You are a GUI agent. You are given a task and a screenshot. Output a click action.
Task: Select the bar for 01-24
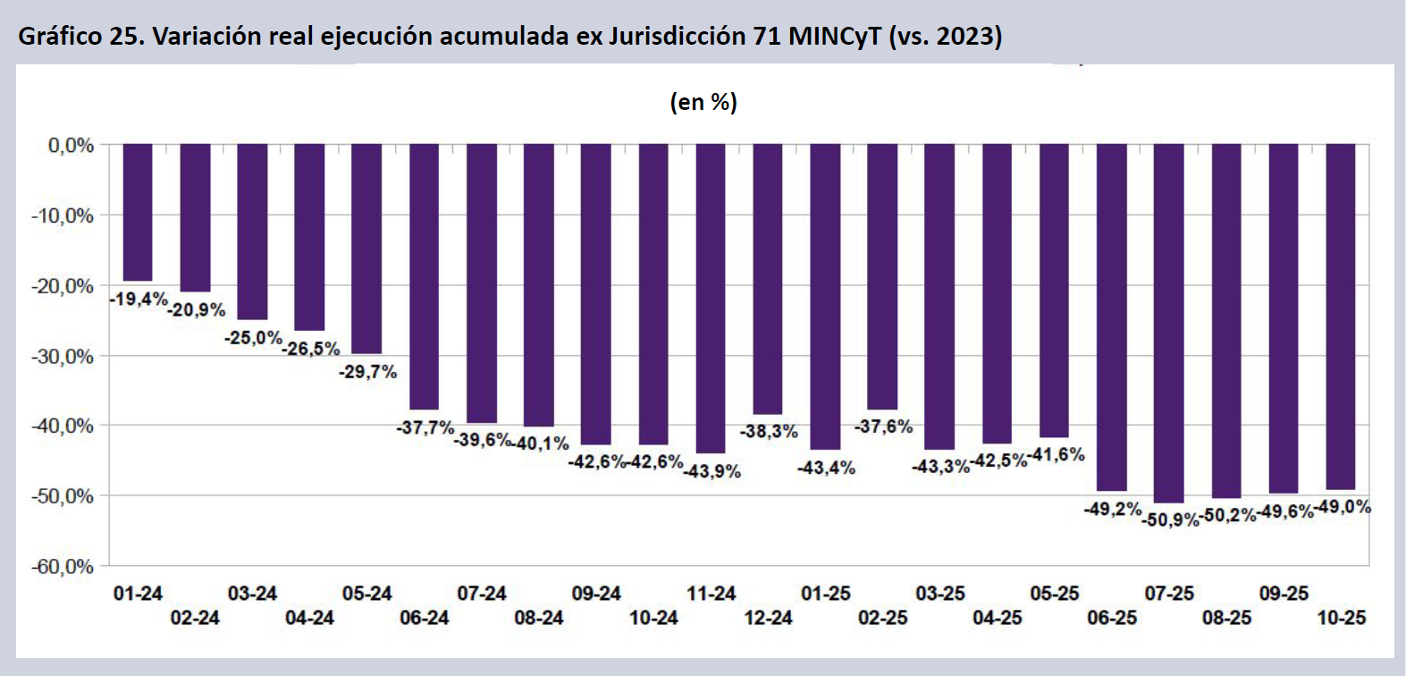[x=138, y=213]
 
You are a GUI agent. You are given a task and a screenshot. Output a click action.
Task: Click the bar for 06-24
[x=425, y=276]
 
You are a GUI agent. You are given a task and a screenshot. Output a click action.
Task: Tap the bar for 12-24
[x=768, y=279]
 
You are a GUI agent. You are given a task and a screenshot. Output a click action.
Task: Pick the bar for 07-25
[x=1169, y=323]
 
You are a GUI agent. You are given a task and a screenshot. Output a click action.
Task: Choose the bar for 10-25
[x=1341, y=317]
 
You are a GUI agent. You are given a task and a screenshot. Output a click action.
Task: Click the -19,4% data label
[x=139, y=299]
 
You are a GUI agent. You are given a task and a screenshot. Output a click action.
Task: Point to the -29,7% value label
[x=367, y=371]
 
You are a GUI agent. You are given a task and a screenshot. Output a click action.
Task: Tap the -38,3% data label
[x=769, y=431]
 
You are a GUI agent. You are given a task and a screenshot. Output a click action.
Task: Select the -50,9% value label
[x=1170, y=520]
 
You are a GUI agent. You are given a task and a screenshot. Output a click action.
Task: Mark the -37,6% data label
[x=883, y=427]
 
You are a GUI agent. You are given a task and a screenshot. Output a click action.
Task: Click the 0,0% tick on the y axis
[x=71, y=146]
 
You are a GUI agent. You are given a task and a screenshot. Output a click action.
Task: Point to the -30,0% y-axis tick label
[x=63, y=356]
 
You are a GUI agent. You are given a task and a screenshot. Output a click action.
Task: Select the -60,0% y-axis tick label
[x=63, y=567]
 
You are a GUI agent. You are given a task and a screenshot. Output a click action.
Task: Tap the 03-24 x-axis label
[x=252, y=594]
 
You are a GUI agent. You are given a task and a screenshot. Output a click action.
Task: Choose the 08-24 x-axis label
[x=539, y=618]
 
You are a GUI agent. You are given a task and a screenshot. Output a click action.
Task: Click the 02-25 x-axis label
[x=883, y=618]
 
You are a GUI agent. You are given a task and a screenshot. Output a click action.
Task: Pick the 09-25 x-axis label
[x=1284, y=594]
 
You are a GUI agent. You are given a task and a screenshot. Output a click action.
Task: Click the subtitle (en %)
[x=703, y=102]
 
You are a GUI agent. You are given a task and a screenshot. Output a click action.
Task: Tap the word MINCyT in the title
[x=834, y=36]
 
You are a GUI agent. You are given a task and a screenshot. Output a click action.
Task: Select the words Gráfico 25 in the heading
[x=77, y=36]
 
